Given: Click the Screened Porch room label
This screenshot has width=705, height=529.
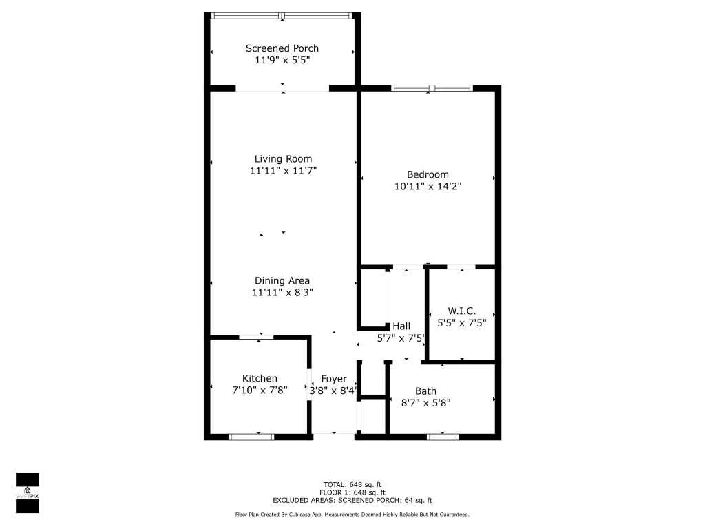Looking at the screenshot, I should pyautogui.click(x=282, y=48).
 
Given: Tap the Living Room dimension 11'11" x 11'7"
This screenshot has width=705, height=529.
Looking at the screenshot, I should pyautogui.click(x=283, y=170).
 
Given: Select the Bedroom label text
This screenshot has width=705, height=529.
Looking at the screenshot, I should pyautogui.click(x=428, y=174).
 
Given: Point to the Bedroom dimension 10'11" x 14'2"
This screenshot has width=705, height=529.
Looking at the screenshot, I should pyautogui.click(x=428, y=186).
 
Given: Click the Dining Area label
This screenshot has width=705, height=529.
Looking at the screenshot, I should pyautogui.click(x=282, y=280).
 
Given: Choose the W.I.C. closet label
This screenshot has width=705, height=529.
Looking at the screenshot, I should pyautogui.click(x=461, y=311).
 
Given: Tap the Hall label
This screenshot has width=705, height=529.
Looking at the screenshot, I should pyautogui.click(x=401, y=326).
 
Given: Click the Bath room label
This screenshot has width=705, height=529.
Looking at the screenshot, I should pyautogui.click(x=425, y=391).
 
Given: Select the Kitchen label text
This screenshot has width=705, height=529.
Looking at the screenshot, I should pyautogui.click(x=260, y=378).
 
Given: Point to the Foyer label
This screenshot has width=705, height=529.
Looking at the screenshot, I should pyautogui.click(x=334, y=379).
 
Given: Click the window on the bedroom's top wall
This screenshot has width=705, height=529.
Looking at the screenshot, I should pyautogui.click(x=432, y=87).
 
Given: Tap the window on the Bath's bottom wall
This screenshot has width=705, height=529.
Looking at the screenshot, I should pyautogui.click(x=443, y=436).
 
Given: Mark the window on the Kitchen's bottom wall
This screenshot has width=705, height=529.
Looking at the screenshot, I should pyautogui.click(x=251, y=436).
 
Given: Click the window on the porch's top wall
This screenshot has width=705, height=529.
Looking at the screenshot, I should pyautogui.click(x=282, y=15).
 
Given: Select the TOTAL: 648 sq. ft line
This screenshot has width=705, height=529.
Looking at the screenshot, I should pyautogui.click(x=352, y=484).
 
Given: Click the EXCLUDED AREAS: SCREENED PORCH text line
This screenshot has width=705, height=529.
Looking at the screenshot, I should pyautogui.click(x=352, y=501).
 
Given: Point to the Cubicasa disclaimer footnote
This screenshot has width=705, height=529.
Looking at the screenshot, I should pyautogui.click(x=352, y=515).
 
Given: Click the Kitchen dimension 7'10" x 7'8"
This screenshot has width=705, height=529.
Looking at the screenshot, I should pyautogui.click(x=260, y=390).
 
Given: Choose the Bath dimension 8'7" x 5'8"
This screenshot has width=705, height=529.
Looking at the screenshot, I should pyautogui.click(x=425, y=402).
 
